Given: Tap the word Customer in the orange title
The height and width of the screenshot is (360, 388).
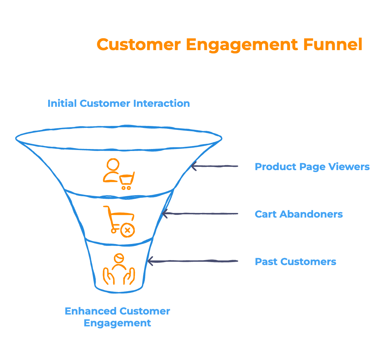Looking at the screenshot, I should (x=139, y=44).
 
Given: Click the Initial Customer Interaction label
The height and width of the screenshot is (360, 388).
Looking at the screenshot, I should (x=119, y=103).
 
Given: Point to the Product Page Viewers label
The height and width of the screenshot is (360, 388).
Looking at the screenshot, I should (x=312, y=166).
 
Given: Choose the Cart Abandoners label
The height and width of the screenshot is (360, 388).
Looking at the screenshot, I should (x=299, y=214).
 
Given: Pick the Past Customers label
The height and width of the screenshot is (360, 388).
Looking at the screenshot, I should (x=295, y=261).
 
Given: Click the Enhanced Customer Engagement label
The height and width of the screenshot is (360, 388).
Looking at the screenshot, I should (x=117, y=317).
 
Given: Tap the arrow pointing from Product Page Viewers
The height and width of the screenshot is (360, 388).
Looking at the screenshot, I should (x=214, y=166).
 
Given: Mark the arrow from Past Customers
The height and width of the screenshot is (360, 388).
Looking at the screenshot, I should (x=193, y=261).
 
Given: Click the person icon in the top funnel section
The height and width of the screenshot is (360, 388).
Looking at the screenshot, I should (x=111, y=171).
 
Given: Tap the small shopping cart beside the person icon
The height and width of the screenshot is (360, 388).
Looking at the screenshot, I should (x=127, y=181).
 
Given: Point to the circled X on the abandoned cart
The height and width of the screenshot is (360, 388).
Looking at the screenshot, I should (x=127, y=230).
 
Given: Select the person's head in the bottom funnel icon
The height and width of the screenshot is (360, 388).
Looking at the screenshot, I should (x=119, y=258).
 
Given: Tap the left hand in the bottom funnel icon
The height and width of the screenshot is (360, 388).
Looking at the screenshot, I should (x=108, y=276).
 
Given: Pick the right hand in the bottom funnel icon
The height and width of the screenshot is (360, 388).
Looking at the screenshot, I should (x=130, y=276).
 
